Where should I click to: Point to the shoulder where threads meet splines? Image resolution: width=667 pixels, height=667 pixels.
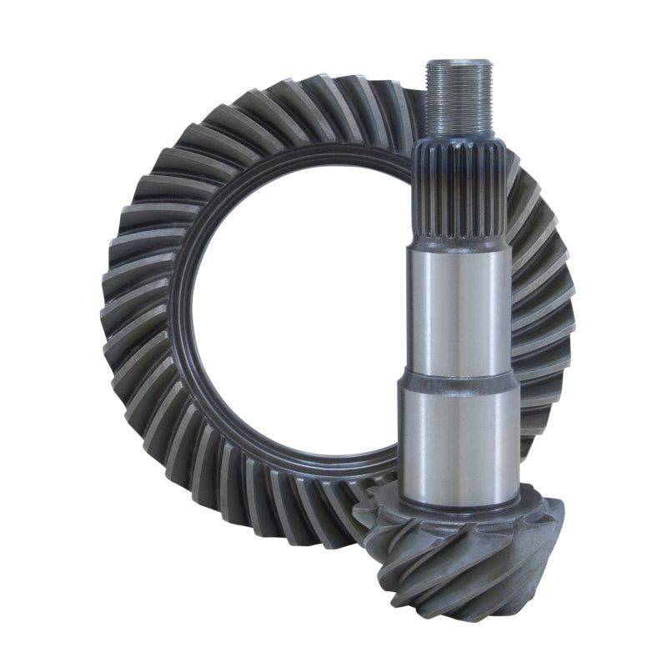(457, 136)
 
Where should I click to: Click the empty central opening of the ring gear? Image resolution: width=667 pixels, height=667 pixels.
(292, 317)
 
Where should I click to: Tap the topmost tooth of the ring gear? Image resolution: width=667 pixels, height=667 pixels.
(333, 88)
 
